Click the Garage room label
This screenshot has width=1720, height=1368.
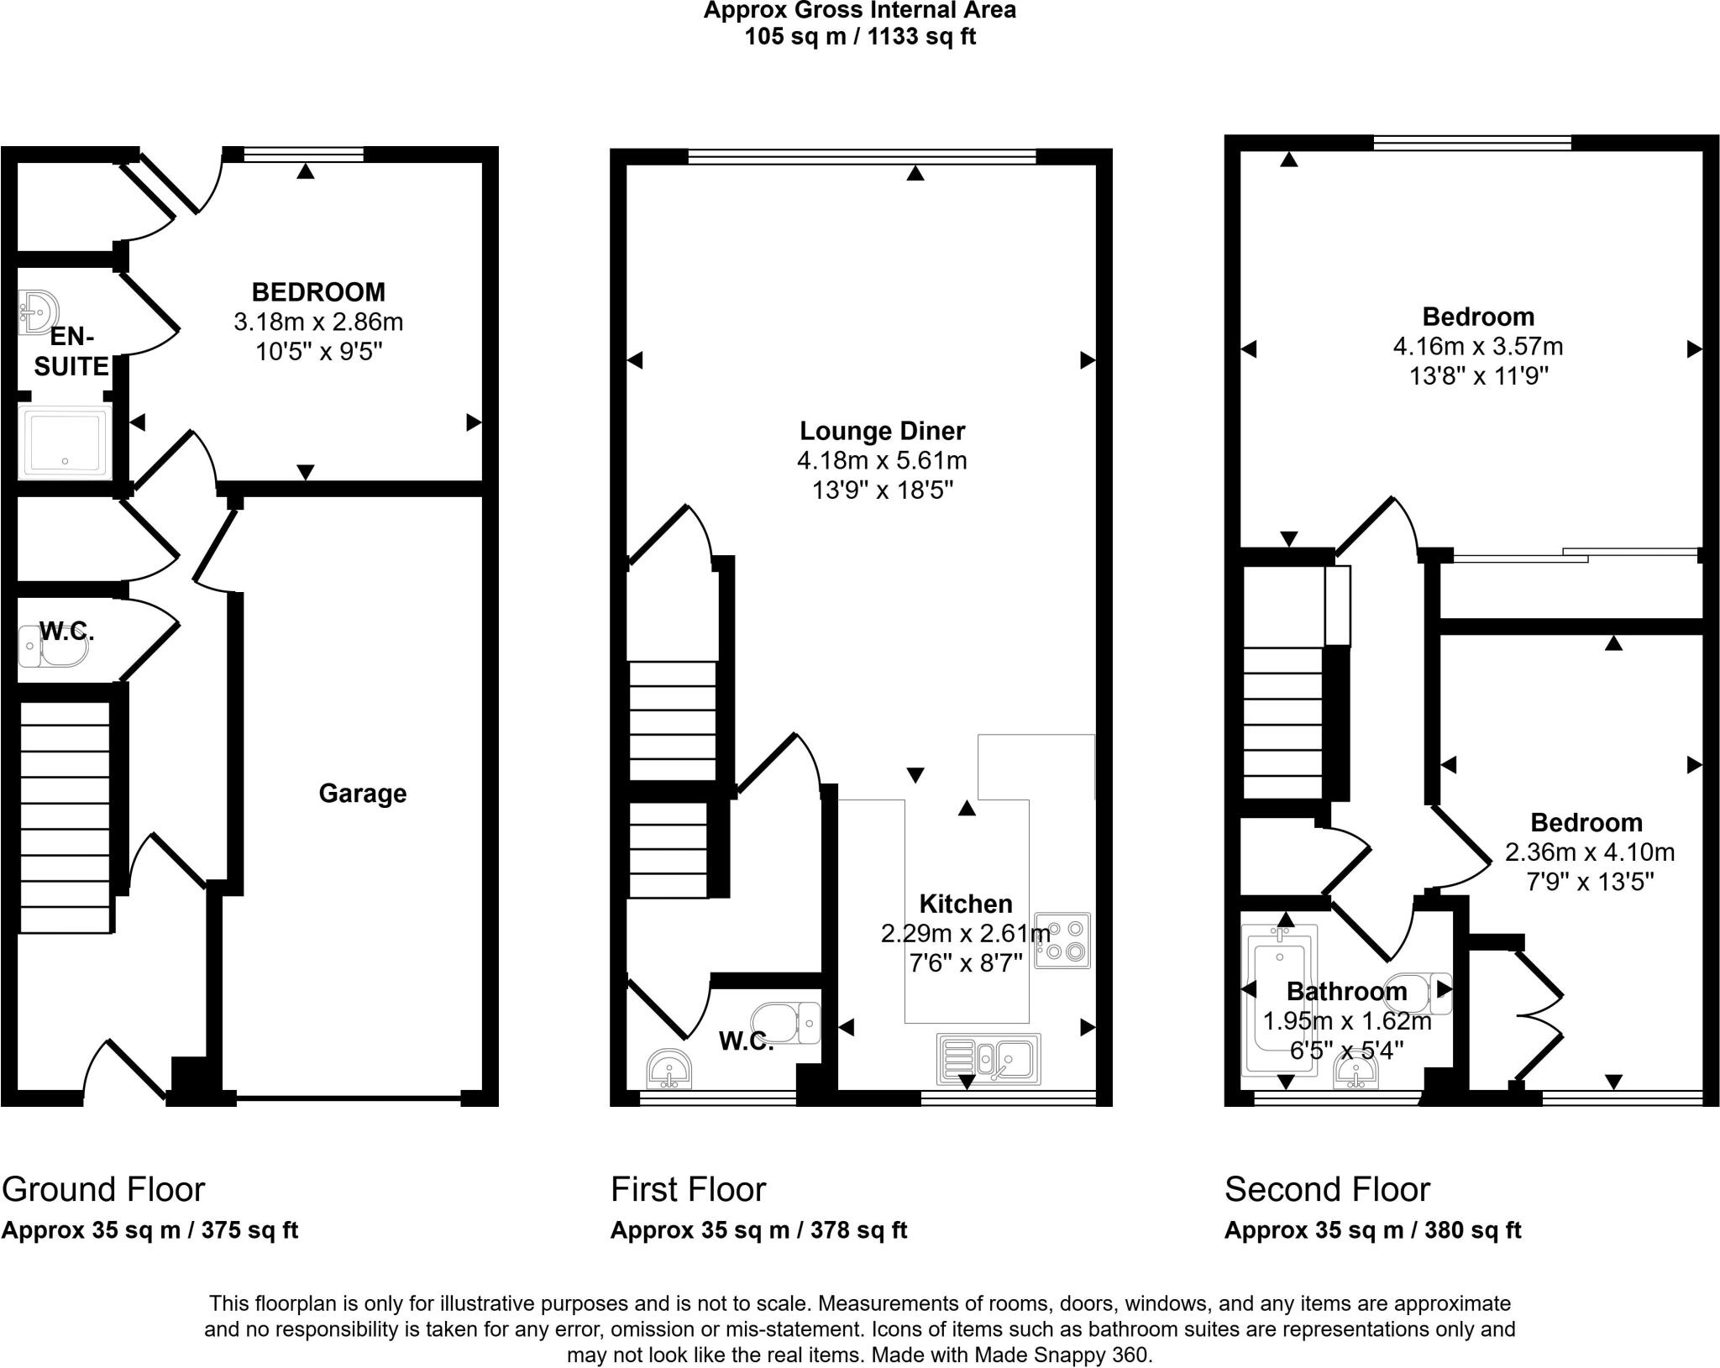(362, 794)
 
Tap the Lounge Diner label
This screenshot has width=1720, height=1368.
(882, 431)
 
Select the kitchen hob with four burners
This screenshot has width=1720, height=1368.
(1062, 941)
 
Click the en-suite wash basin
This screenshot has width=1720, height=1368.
(37, 312)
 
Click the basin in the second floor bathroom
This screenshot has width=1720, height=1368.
(1355, 1072)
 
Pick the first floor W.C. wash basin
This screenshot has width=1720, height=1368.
(669, 1068)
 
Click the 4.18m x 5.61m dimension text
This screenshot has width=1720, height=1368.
(882, 460)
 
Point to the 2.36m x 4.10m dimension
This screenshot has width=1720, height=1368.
(1589, 852)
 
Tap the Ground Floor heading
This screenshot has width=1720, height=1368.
(103, 1190)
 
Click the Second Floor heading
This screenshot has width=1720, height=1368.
(1326, 1190)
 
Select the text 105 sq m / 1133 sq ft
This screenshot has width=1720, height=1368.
(860, 37)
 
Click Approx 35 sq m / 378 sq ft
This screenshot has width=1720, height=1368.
(758, 1230)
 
